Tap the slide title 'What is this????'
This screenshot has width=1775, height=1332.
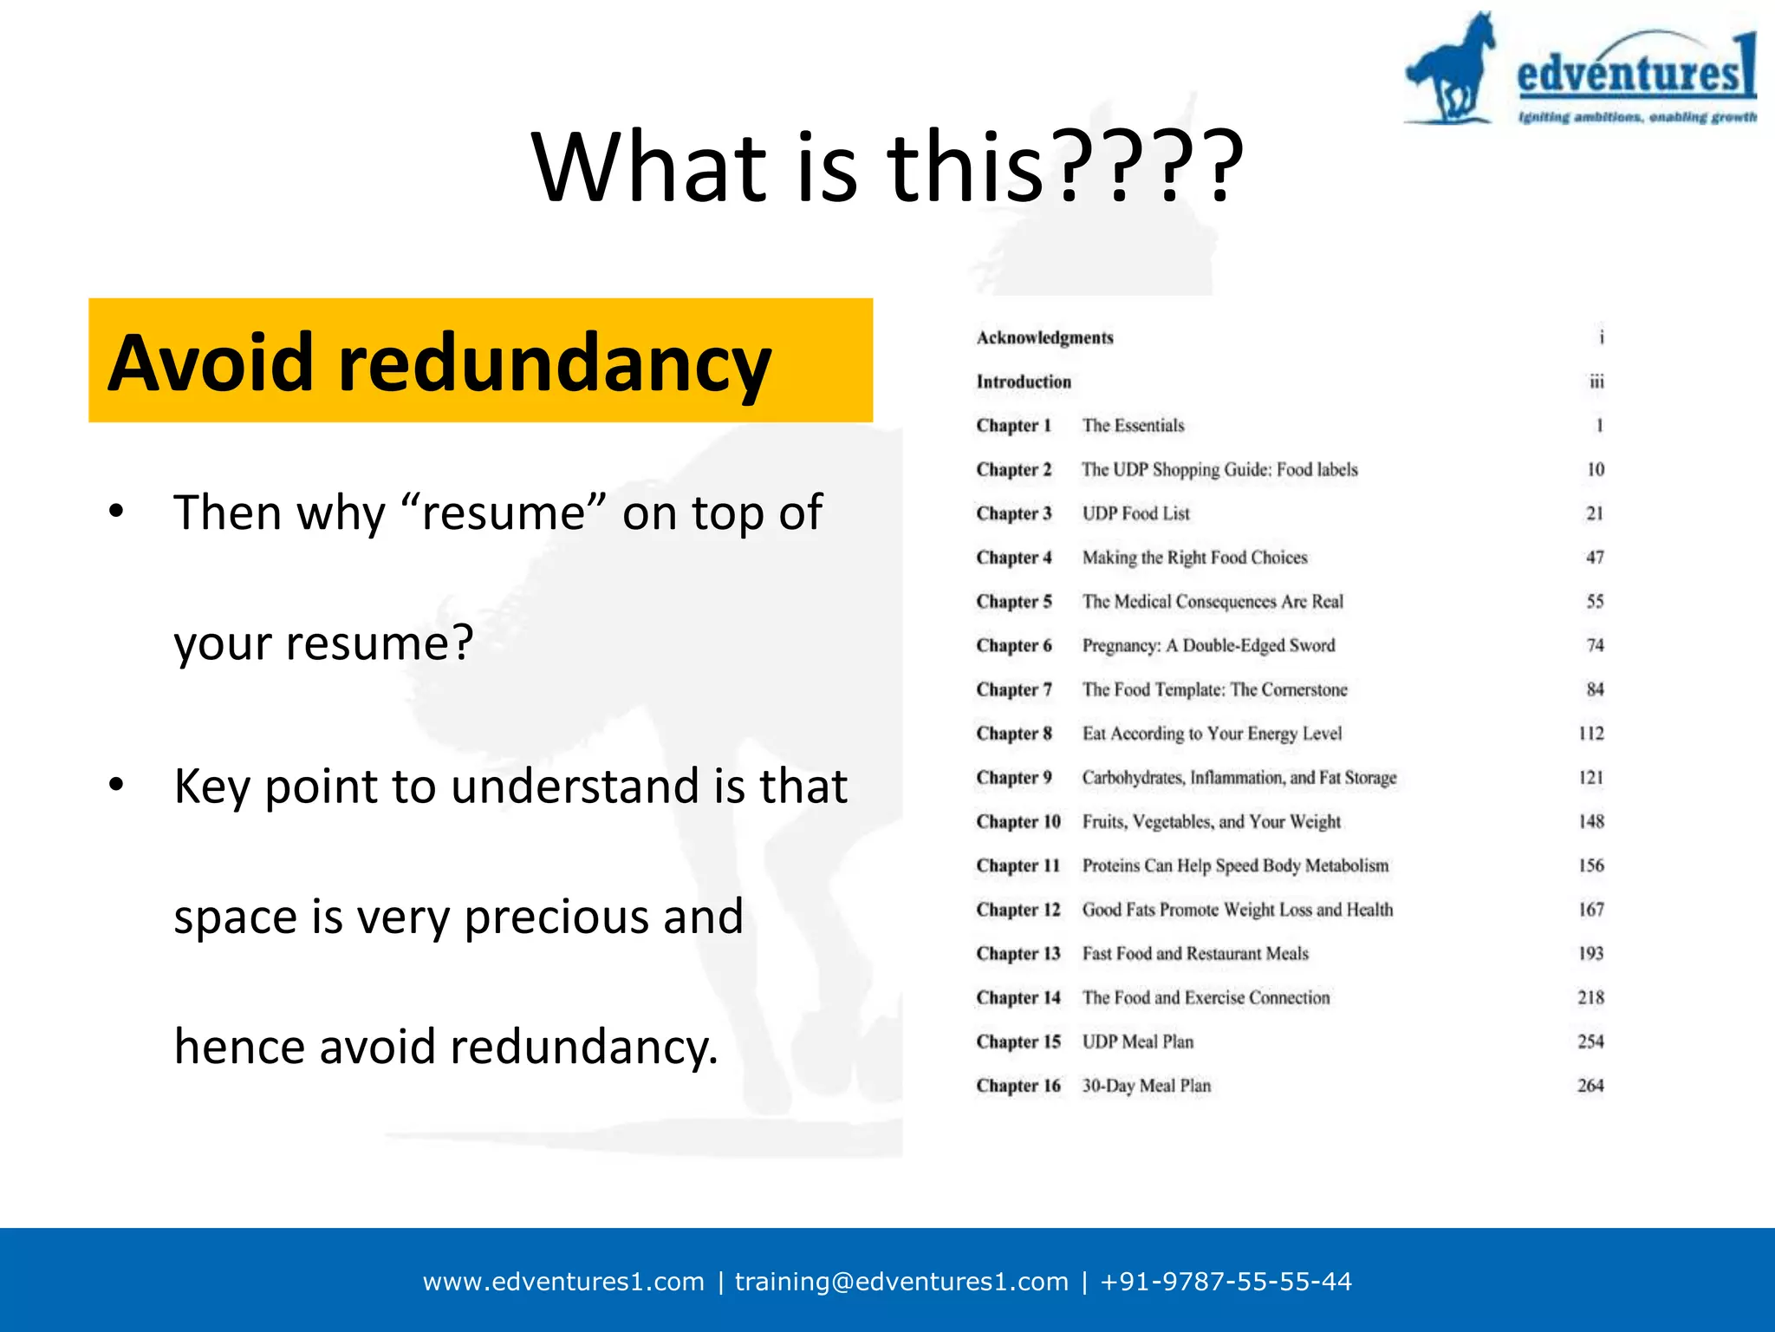(887, 166)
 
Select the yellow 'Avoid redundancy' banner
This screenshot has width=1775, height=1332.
(480, 361)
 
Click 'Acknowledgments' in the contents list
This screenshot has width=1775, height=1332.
(1044, 337)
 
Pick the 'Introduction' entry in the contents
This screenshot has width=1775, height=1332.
(1024, 382)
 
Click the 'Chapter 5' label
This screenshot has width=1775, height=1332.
(1013, 602)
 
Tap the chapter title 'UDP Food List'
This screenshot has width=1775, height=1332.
(1135, 513)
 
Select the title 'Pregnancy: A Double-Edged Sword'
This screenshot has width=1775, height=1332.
(1208, 645)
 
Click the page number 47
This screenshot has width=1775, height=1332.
(1595, 558)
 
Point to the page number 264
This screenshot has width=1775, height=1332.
(1590, 1086)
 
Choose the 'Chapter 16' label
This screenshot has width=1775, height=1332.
(1018, 1086)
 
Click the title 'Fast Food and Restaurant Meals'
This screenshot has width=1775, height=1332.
(1195, 954)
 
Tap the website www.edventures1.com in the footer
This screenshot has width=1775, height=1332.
(563, 1282)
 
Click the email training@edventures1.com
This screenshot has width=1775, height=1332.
(901, 1282)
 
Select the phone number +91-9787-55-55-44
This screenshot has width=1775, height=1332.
(1226, 1282)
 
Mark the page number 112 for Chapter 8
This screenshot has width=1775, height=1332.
(1591, 734)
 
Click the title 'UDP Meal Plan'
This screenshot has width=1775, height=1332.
(1137, 1041)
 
